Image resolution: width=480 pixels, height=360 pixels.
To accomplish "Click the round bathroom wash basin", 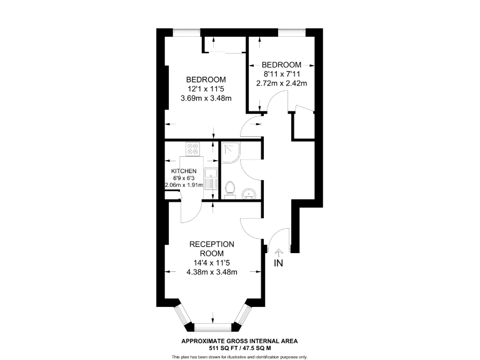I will (x=251, y=193).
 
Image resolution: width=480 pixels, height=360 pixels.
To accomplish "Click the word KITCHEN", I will (x=184, y=171).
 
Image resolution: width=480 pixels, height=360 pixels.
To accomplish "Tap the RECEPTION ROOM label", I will (x=211, y=249).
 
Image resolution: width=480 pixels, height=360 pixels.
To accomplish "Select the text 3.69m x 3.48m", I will (x=206, y=98).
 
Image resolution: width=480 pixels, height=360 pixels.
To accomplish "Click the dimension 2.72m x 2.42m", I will (x=281, y=83).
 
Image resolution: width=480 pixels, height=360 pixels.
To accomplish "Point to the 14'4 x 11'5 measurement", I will (x=211, y=263).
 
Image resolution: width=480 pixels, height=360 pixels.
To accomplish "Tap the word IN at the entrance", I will (x=278, y=263).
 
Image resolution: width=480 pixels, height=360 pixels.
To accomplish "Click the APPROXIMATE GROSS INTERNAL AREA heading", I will (x=239, y=341).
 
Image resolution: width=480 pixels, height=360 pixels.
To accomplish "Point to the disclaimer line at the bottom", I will (x=239, y=356).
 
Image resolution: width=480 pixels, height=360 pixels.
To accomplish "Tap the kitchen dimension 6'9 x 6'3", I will (x=184, y=177).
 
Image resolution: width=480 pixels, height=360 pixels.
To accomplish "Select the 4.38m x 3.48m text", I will (x=211, y=272).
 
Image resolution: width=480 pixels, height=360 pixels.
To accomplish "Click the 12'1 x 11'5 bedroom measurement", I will (x=206, y=89).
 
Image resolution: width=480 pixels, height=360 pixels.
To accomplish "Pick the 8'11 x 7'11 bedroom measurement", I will (x=281, y=74).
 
